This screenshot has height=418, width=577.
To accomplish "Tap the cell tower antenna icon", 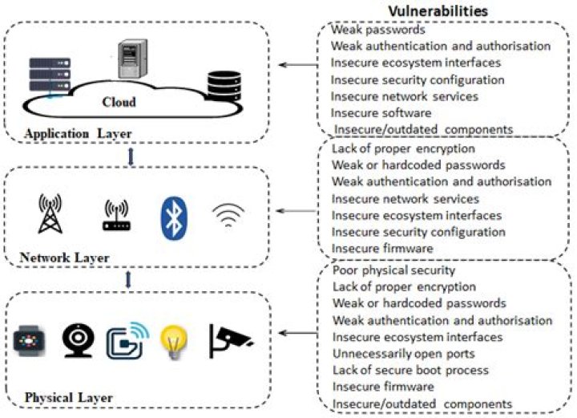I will coord(50,216).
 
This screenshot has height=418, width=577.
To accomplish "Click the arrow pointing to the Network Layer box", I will coord(297,211).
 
